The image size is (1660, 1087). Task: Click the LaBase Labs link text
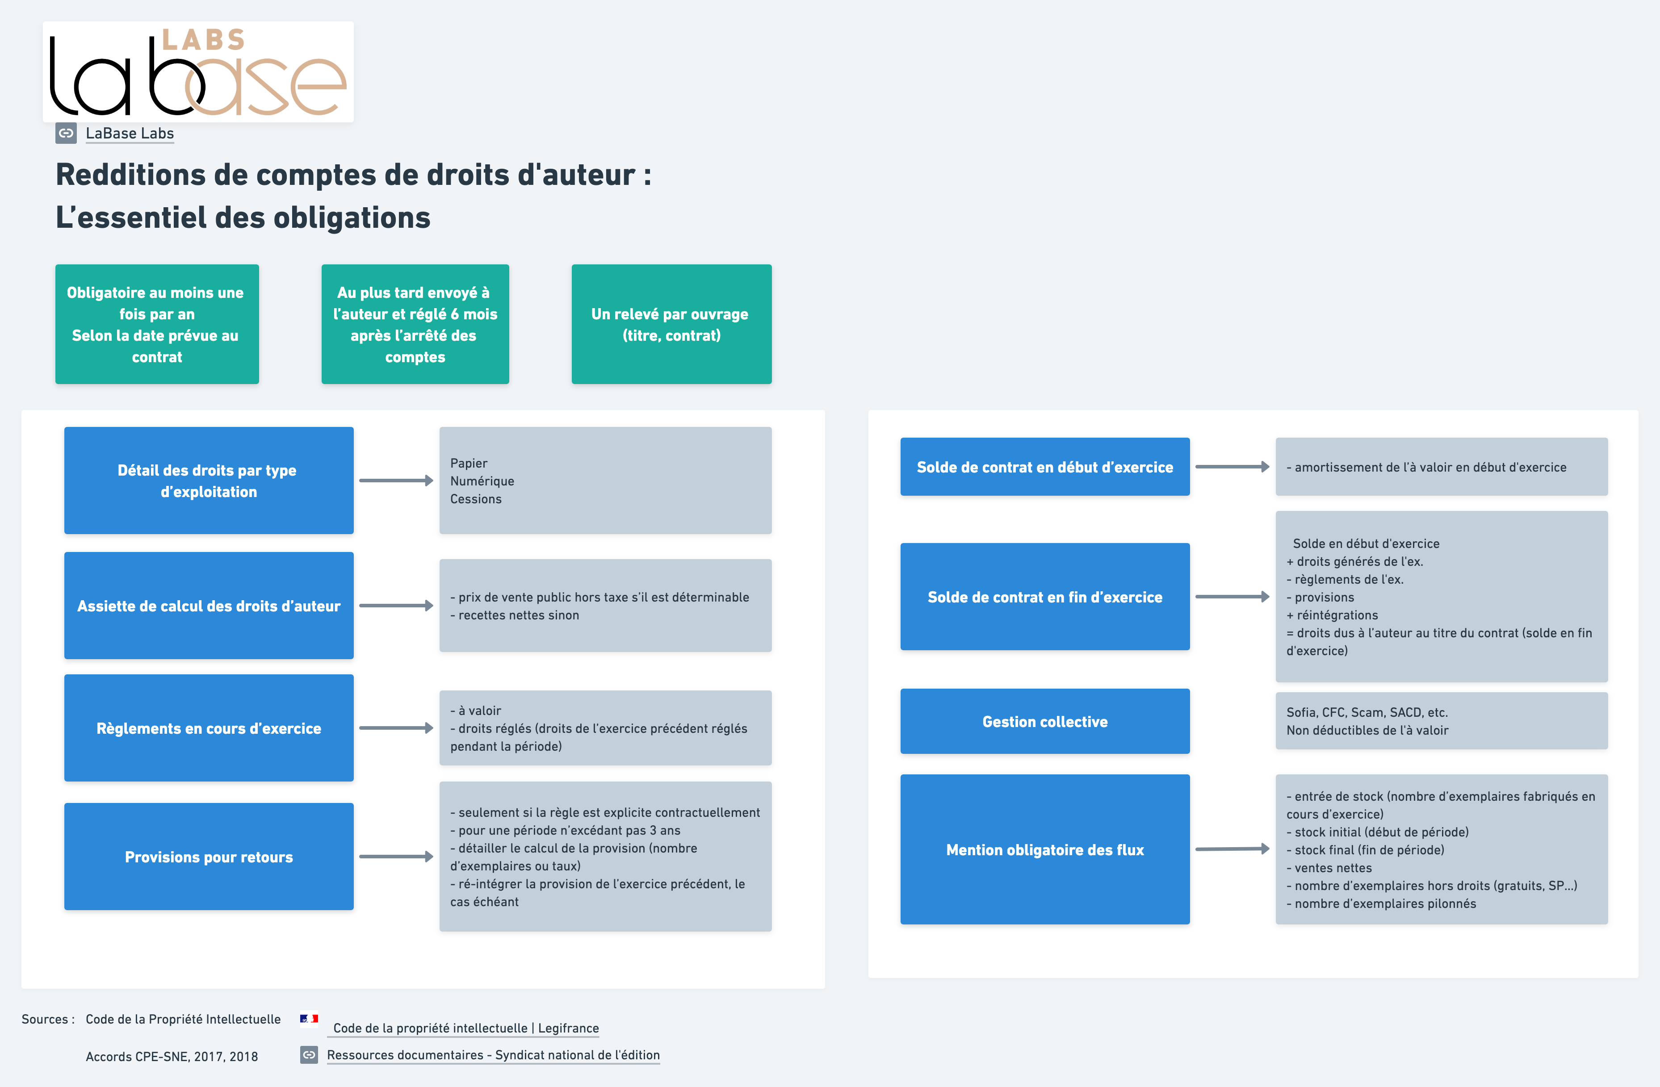tap(130, 133)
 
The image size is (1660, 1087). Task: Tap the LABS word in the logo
tap(204, 40)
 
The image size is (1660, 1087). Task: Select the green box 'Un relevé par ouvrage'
tap(671, 324)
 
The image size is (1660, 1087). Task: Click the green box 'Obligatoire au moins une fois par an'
tap(157, 324)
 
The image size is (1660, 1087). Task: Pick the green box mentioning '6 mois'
tap(415, 324)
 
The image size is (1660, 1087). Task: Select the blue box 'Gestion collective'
tap(1045, 721)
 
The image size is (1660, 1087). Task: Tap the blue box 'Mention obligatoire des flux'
tap(1045, 849)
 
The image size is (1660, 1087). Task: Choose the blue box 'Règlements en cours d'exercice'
tap(209, 728)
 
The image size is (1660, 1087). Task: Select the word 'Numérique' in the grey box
tap(482, 481)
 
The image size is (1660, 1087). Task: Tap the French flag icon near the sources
tap(309, 1019)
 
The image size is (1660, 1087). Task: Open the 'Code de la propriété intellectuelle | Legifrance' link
tap(466, 1028)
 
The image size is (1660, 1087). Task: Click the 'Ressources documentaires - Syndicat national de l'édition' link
tap(493, 1055)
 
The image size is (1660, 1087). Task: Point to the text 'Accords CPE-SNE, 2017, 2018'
tap(172, 1056)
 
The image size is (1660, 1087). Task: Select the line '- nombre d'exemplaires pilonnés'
tap(1381, 903)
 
